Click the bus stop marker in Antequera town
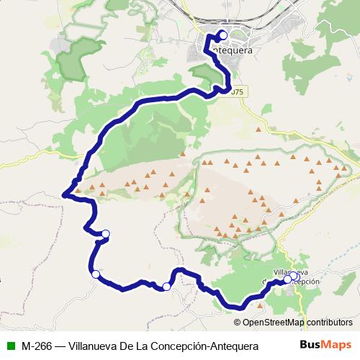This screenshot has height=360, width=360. point(222,35)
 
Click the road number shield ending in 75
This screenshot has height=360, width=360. point(235,91)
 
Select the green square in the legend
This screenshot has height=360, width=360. point(11,345)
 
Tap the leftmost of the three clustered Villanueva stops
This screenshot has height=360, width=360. point(287,279)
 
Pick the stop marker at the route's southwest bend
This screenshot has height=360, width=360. point(95,274)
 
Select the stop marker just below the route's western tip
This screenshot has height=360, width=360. point(105,233)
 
